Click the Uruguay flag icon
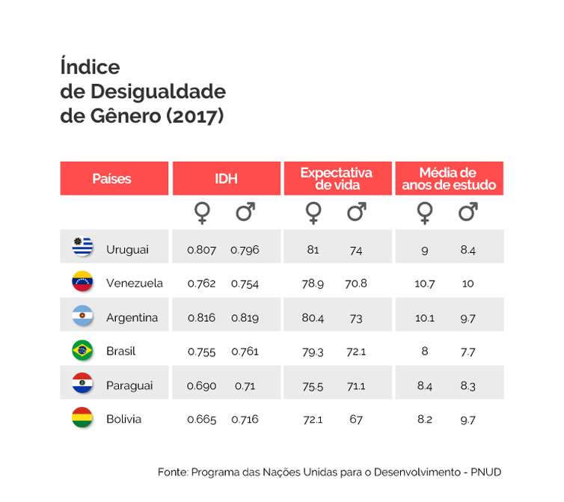(82, 247)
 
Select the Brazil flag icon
(82, 349)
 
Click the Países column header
(112, 179)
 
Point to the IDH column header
(226, 179)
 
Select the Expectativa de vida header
(336, 179)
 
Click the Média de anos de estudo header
(448, 179)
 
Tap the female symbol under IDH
(202, 214)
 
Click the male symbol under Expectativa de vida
(356, 214)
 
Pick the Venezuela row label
(135, 284)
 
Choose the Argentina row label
(132, 317)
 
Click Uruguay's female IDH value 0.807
(201, 250)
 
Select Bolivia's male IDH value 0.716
(245, 419)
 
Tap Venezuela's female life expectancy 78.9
(312, 284)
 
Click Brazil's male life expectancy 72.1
(356, 351)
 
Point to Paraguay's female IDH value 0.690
(201, 385)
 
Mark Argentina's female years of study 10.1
(424, 317)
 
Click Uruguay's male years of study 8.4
(468, 250)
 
